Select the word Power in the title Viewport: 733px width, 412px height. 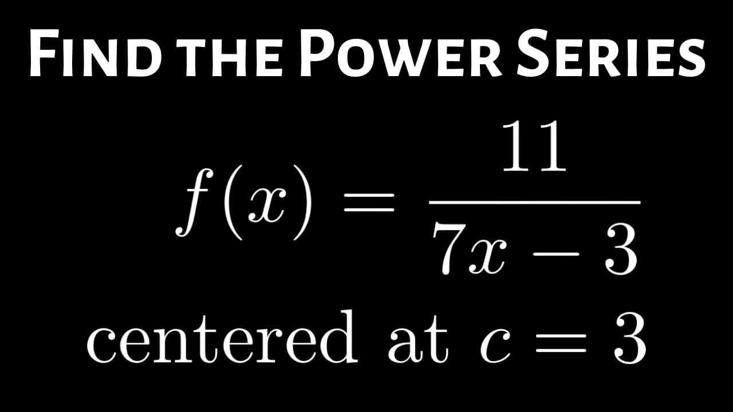400,53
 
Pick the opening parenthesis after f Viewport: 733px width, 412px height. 233,203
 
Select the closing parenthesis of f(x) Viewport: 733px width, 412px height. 302,203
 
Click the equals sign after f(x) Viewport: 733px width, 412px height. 369,203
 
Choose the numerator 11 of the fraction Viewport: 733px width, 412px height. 534,146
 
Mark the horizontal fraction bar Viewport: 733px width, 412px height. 535,203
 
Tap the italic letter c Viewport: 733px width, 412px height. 495,347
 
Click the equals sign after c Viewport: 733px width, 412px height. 561,343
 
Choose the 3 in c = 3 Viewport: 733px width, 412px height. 630,340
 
